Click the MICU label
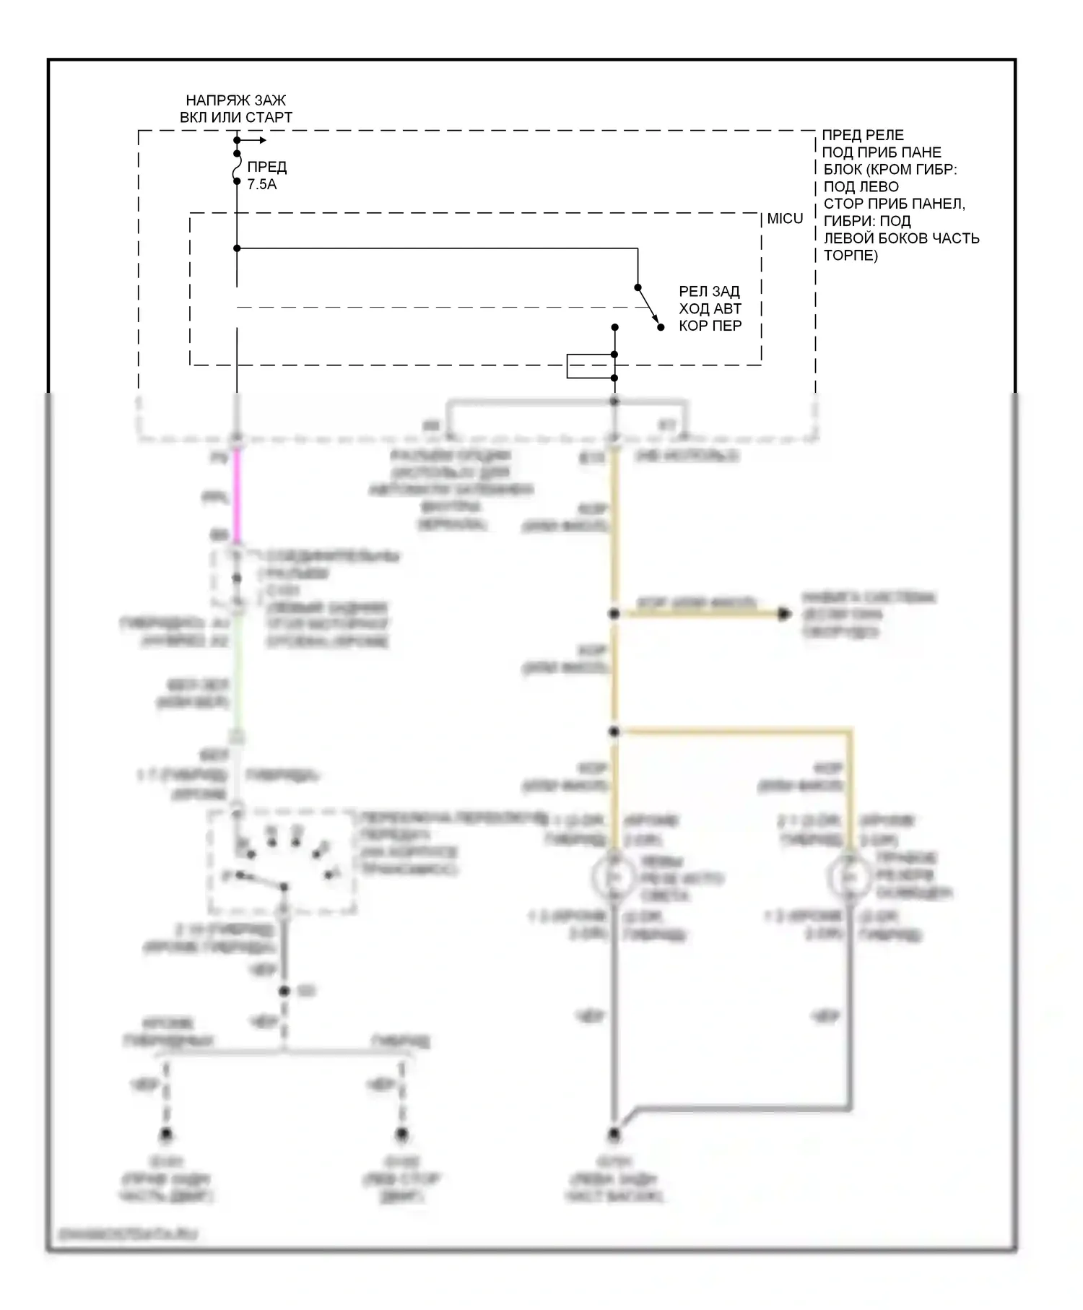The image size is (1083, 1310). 785,219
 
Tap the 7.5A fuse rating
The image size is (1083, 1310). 262,185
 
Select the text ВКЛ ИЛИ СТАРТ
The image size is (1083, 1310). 236,118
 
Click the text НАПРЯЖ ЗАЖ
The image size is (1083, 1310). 236,100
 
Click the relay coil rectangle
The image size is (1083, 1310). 590,366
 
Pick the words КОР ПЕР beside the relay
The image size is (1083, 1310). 710,326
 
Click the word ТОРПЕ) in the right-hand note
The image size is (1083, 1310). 851,256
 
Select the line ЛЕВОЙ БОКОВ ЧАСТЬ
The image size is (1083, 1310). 901,238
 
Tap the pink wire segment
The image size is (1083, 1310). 236,496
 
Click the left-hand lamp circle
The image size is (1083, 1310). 614,877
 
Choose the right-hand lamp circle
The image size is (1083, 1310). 850,877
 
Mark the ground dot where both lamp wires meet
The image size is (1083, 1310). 614,1135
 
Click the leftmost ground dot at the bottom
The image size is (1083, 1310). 166,1135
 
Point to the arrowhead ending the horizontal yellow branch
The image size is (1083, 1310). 784,615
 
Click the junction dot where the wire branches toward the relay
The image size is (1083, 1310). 237,248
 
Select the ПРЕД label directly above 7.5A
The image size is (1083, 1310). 267,168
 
